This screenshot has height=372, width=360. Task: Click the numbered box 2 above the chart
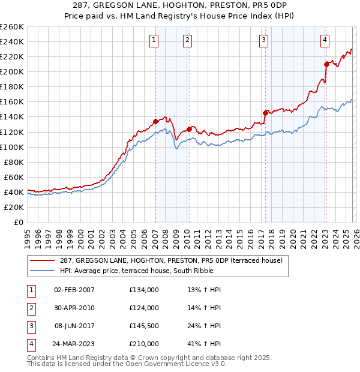188,40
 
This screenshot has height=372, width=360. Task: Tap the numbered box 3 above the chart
264,40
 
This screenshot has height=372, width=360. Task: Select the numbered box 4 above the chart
325,40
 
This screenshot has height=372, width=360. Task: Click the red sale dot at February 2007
155,121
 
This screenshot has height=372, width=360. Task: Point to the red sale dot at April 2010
189,128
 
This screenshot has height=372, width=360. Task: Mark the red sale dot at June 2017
265,112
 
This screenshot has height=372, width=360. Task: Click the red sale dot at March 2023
326,64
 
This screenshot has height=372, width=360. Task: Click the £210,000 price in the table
144,344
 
